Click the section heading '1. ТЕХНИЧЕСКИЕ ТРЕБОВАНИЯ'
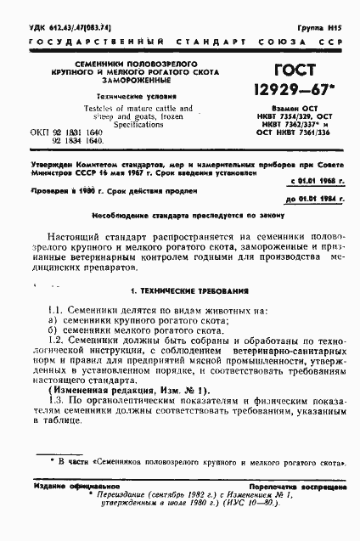[x=179, y=291]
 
